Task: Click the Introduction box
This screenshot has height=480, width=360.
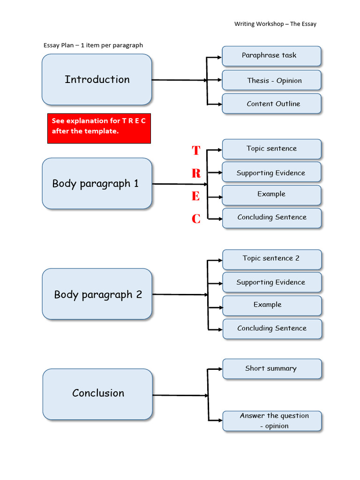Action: tap(97, 80)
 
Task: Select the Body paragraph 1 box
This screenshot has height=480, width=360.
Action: tap(97, 183)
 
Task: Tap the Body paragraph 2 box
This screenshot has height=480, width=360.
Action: tap(97, 294)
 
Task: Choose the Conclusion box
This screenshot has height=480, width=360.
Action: tap(97, 394)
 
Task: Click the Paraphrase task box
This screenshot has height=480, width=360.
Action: tap(271, 56)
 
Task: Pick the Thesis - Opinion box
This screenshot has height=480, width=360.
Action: tap(271, 80)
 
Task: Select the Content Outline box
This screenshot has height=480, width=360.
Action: tap(271, 104)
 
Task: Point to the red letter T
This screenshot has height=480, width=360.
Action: tap(196, 150)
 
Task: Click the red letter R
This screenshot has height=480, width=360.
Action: tap(196, 173)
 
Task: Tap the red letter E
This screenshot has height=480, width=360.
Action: tap(196, 196)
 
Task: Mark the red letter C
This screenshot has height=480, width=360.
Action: tap(196, 219)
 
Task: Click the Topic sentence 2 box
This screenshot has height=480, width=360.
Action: tap(272, 259)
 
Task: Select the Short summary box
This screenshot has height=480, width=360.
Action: tap(272, 368)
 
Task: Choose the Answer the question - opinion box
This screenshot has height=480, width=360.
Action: tap(272, 420)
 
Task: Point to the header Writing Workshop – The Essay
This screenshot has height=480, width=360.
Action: tap(275, 24)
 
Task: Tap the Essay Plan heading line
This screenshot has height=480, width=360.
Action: tap(93, 45)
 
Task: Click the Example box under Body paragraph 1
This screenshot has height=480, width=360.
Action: tap(272, 195)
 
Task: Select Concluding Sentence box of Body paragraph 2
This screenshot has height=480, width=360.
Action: tap(272, 329)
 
